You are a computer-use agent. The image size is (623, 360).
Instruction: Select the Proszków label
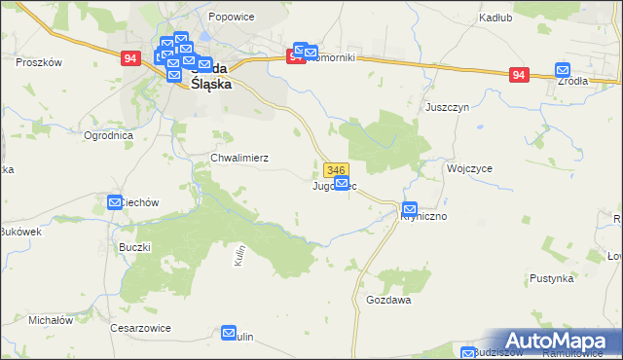pos(40,61)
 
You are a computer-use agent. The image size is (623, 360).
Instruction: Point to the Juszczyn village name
pos(447,107)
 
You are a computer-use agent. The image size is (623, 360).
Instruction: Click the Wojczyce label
pos(468,167)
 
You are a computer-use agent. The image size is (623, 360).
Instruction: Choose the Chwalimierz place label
pos(239,157)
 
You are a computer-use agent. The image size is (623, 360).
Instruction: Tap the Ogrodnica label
pos(108,135)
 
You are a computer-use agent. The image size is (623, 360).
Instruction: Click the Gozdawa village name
pos(388,300)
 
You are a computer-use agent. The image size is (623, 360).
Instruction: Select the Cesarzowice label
pos(140,328)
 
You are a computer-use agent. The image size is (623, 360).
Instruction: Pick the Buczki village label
pos(134,247)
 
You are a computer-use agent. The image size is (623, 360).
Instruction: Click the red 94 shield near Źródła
pos(519,75)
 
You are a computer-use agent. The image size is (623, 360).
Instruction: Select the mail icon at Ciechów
pos(115,202)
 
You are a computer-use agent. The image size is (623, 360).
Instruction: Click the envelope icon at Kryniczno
pos(410,209)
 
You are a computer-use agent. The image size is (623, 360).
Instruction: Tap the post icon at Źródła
pos(563,70)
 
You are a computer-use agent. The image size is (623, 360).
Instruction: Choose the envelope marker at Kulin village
pos(230,333)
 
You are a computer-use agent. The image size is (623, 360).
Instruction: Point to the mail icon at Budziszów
pos(468,353)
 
